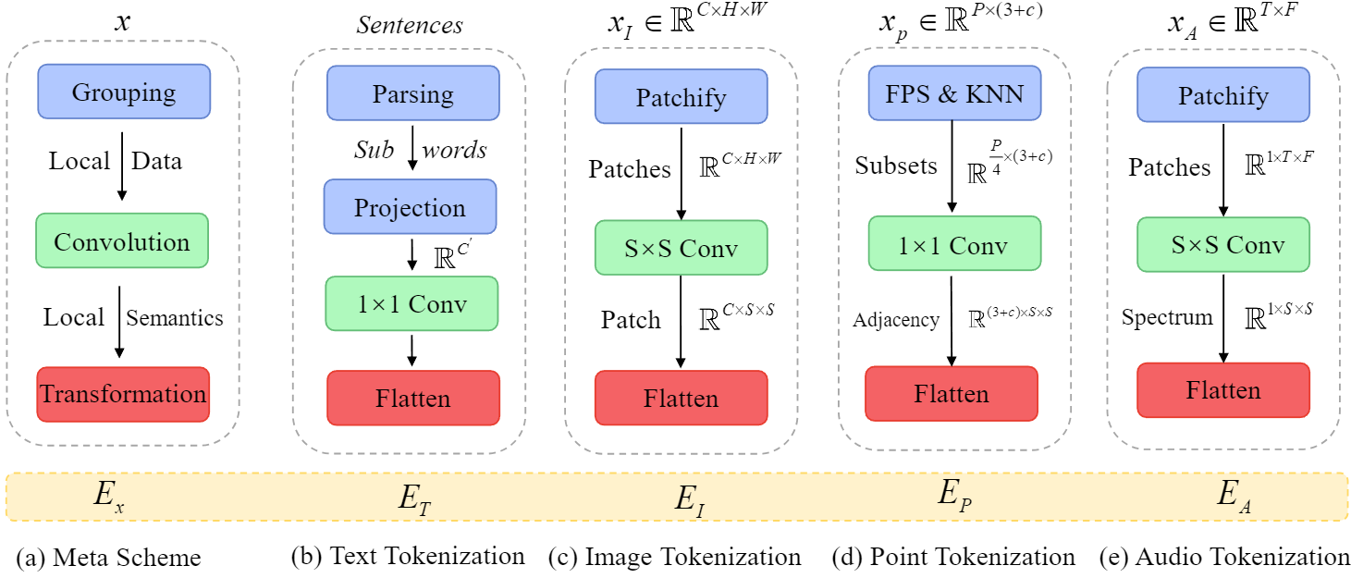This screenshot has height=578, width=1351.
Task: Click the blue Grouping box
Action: point(124,92)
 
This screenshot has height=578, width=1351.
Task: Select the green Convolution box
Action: point(122,242)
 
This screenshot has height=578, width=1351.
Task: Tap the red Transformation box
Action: point(123,395)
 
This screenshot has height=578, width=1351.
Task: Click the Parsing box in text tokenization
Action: point(412,93)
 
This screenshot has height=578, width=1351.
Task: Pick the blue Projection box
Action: point(410,206)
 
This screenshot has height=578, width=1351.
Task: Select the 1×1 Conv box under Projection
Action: point(412,303)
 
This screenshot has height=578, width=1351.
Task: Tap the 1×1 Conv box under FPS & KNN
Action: point(952,246)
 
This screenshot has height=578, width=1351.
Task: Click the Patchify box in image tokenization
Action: point(681,97)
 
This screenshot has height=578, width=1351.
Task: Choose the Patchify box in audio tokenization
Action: point(1222,95)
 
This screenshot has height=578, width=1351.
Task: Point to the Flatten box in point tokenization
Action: point(952,394)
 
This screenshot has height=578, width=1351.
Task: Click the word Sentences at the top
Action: point(410,25)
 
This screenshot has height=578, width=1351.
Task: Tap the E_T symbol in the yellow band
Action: point(414,499)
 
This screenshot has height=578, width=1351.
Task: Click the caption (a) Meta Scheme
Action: point(108,558)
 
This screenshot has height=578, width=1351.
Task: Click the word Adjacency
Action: point(896,320)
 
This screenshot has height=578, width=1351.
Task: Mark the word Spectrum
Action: point(1167,318)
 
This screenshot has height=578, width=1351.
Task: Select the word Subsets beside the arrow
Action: point(896,166)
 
